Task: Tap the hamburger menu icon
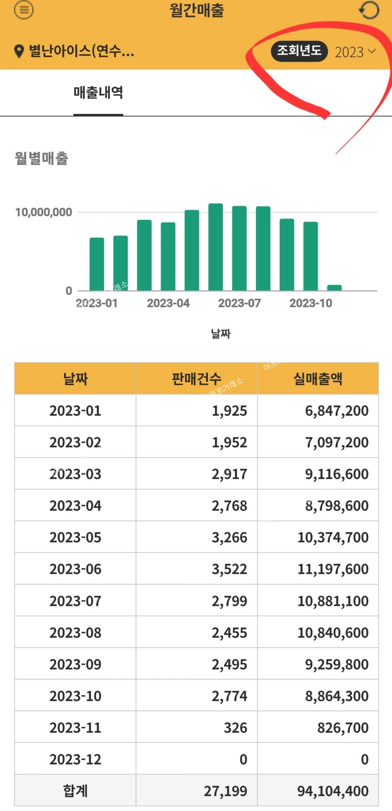coord(24,10)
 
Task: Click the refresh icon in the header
coord(368,10)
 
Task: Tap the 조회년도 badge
coord(299,51)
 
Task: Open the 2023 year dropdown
coord(355,52)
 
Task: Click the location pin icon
coord(19,51)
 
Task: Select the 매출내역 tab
coord(98,93)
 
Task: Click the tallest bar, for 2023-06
coord(216,247)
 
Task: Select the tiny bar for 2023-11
coord(334,288)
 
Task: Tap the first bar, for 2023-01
coord(96,264)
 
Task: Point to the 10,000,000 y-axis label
coord(44,212)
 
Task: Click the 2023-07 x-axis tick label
coord(239,303)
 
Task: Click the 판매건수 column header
coord(196,378)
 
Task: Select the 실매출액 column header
coord(318,378)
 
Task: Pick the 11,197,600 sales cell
coord(333,569)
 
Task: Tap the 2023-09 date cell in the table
coord(75,664)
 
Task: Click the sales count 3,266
coord(229,537)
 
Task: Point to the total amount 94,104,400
coord(333,791)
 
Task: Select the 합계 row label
coord(75,791)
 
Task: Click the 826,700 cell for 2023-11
coord(343,728)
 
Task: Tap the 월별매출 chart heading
coord(42,158)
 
